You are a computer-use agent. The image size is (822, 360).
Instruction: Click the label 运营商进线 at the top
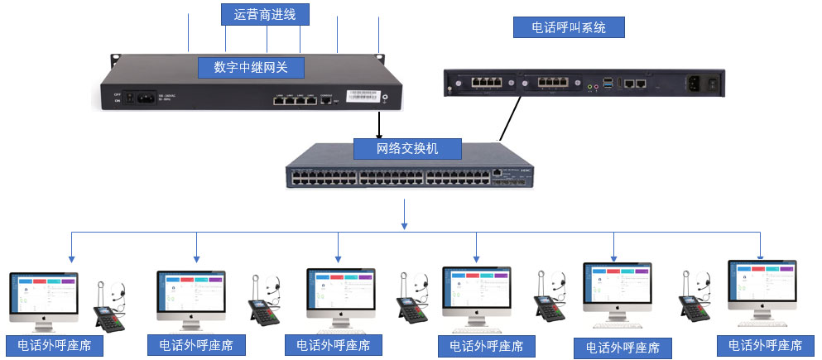[x=266, y=14]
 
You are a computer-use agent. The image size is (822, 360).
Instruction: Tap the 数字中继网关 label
[x=248, y=67]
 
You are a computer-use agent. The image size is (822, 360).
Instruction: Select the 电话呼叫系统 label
[x=568, y=27]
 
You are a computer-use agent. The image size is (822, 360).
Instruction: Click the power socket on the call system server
[x=697, y=83]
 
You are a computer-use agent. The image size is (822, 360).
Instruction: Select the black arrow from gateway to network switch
[x=380, y=124]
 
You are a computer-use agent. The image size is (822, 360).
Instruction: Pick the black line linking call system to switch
[x=510, y=118]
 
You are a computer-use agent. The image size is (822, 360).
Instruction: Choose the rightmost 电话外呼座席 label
[x=765, y=344]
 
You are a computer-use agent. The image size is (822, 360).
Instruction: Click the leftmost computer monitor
[x=44, y=295]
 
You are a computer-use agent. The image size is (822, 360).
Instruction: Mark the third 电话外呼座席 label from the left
[x=334, y=344]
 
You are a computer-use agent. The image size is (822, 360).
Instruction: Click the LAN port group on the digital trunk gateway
[x=296, y=101]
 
